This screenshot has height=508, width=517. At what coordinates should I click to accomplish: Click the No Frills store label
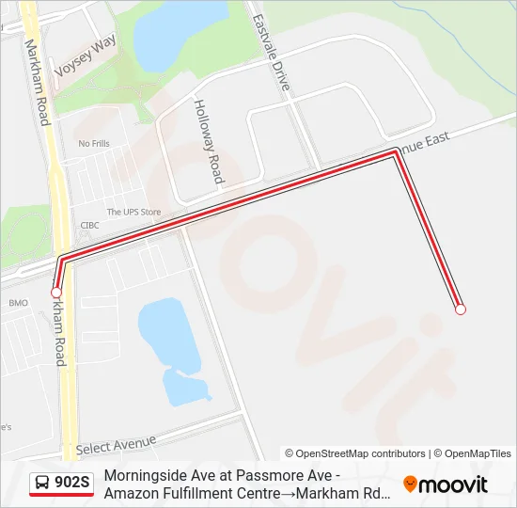[94, 144]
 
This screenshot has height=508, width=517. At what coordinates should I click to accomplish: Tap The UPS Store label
[133, 213]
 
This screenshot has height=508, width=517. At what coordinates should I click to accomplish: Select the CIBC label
[90, 226]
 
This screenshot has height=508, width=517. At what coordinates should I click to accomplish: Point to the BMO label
[19, 303]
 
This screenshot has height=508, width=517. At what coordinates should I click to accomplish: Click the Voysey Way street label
[85, 57]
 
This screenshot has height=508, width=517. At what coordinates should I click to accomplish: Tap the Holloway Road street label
[209, 141]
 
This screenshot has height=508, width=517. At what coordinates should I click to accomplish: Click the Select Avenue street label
[117, 444]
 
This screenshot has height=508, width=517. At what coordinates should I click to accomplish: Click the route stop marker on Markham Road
[56, 294]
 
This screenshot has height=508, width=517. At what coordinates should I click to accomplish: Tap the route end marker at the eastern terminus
[460, 309]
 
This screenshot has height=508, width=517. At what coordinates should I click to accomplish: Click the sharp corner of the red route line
[395, 152]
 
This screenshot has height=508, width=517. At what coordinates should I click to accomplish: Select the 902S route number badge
[72, 484]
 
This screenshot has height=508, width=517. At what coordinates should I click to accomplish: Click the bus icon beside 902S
[43, 484]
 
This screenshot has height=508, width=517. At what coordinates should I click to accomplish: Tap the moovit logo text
[453, 484]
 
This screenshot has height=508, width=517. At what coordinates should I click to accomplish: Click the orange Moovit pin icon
[410, 484]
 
